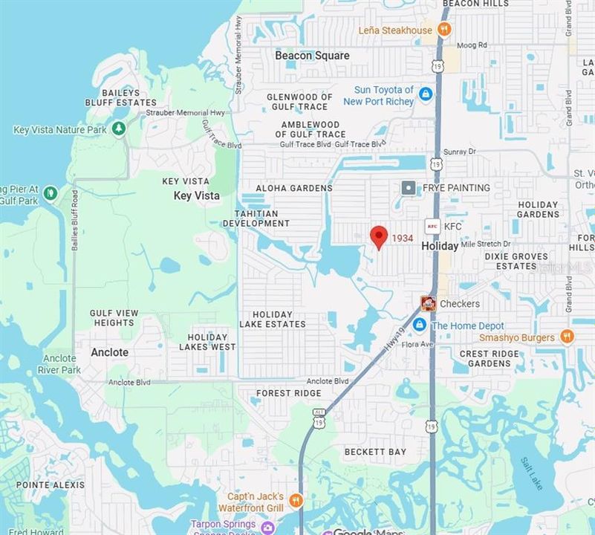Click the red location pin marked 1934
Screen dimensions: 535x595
point(379,237)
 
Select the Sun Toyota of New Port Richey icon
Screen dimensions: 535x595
point(426,94)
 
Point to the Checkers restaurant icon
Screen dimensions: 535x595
point(428,303)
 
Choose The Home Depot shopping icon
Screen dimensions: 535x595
point(420,325)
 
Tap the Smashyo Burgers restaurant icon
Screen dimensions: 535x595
point(567,337)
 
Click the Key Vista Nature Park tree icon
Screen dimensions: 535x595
point(119,129)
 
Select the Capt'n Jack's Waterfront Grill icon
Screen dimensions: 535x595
point(296,501)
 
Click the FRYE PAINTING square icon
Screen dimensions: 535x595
point(409,188)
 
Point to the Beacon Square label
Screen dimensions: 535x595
point(312,55)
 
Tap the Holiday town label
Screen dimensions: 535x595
point(440,246)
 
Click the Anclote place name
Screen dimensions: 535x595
point(110,352)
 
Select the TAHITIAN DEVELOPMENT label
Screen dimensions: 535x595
point(256,218)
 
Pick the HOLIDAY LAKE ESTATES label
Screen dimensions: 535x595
point(273,319)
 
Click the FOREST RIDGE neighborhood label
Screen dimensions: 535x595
point(289,393)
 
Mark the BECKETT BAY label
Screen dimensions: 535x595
point(376,452)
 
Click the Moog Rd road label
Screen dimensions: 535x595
point(472,45)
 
